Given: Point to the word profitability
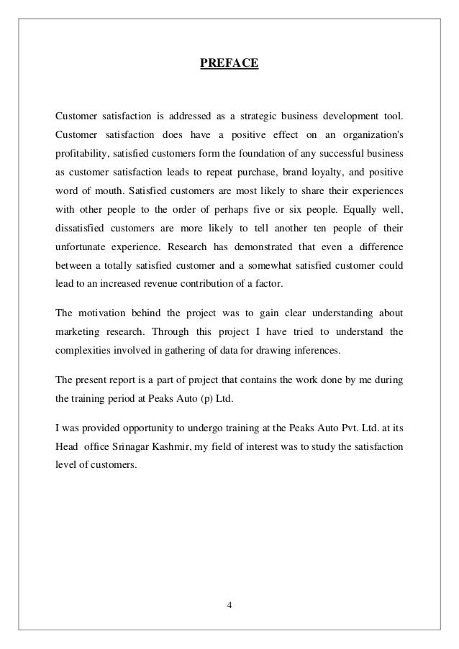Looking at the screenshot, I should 80,155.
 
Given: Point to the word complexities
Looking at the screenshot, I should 83,352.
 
